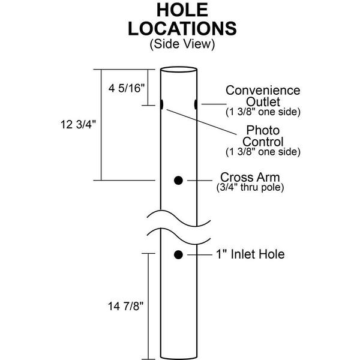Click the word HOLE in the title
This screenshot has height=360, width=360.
(x=182, y=10)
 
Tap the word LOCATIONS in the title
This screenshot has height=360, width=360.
(x=182, y=28)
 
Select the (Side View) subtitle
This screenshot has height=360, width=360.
(x=182, y=44)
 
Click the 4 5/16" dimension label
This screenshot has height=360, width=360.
(x=127, y=88)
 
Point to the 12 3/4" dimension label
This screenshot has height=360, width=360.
(x=78, y=124)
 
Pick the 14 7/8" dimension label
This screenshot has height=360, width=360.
(x=125, y=306)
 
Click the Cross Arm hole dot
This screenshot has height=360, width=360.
(x=178, y=181)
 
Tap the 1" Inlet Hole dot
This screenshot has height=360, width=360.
(x=178, y=254)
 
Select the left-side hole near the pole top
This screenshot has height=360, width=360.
(x=161, y=104)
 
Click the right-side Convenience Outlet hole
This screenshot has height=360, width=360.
(x=196, y=104)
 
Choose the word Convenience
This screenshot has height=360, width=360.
(x=263, y=90)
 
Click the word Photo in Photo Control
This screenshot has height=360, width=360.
(x=263, y=130)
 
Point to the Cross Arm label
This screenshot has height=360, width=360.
(x=250, y=177)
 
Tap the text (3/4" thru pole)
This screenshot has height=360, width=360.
(x=250, y=187)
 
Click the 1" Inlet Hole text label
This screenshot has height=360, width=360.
(x=250, y=254)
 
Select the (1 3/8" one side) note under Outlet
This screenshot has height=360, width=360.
(x=263, y=112)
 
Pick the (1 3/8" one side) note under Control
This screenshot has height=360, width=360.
(x=263, y=152)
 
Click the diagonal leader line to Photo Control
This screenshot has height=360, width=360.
(x=202, y=122)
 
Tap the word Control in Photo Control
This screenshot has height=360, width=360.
(x=263, y=142)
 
